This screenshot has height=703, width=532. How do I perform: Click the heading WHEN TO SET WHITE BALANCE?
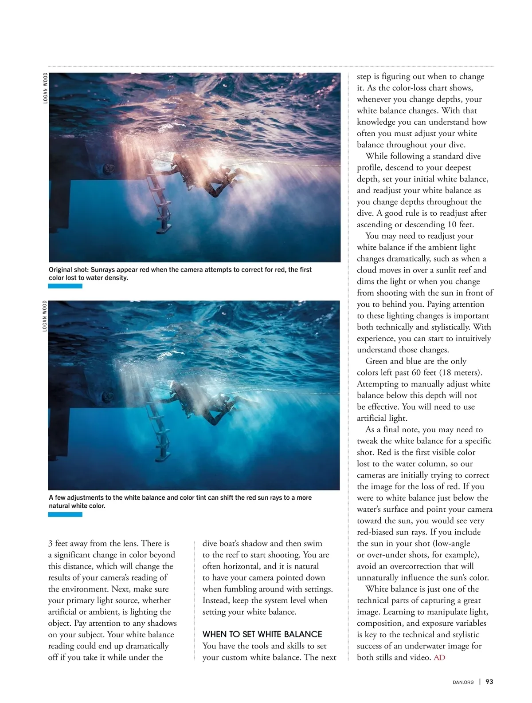click(x=262, y=634)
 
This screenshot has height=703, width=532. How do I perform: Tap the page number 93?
click(x=489, y=682)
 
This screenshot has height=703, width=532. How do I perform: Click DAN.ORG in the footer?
click(x=463, y=682)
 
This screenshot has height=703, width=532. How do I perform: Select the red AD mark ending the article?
click(x=439, y=657)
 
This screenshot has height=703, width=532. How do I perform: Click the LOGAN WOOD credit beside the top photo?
click(x=45, y=88)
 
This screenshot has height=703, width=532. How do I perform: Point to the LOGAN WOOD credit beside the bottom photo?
click(x=45, y=316)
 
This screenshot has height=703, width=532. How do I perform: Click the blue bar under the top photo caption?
click(x=65, y=286)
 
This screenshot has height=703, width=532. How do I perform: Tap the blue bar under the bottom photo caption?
click(x=65, y=514)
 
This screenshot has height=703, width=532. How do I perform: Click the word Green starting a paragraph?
click(x=378, y=361)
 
